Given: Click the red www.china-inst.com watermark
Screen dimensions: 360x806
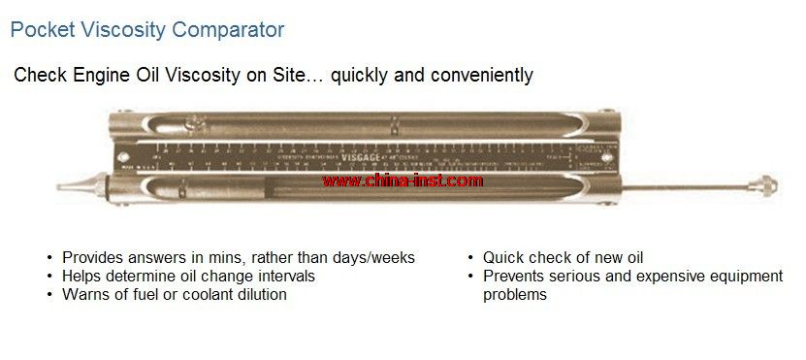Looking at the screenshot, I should pyautogui.click(x=402, y=180).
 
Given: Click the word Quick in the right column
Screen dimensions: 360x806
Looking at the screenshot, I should pyautogui.click(x=504, y=257).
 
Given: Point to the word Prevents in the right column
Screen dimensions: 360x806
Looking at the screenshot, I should pyautogui.click(x=515, y=276).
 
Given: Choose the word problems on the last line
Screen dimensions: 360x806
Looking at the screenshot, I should pyautogui.click(x=515, y=294).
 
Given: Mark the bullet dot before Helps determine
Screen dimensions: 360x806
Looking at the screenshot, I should pyautogui.click(x=49, y=277).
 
